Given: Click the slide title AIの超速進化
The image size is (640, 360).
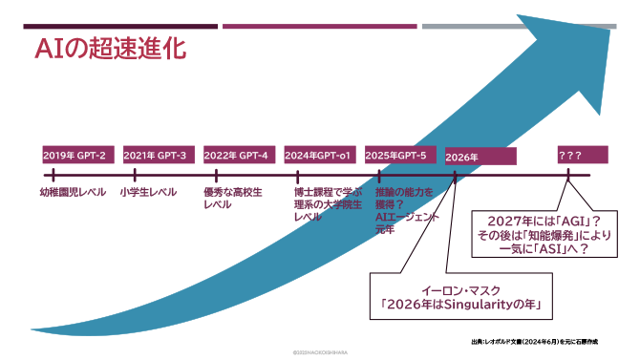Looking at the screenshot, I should pos(110,47).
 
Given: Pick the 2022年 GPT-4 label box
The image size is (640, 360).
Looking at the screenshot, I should pos(236,155).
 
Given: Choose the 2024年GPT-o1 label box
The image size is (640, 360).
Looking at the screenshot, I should pos(319,155).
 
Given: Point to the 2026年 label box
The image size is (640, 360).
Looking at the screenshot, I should pos(480,156).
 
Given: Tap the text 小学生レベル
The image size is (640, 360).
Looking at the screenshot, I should pos(148,192).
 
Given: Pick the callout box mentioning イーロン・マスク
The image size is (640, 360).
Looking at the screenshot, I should pos(456,296).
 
